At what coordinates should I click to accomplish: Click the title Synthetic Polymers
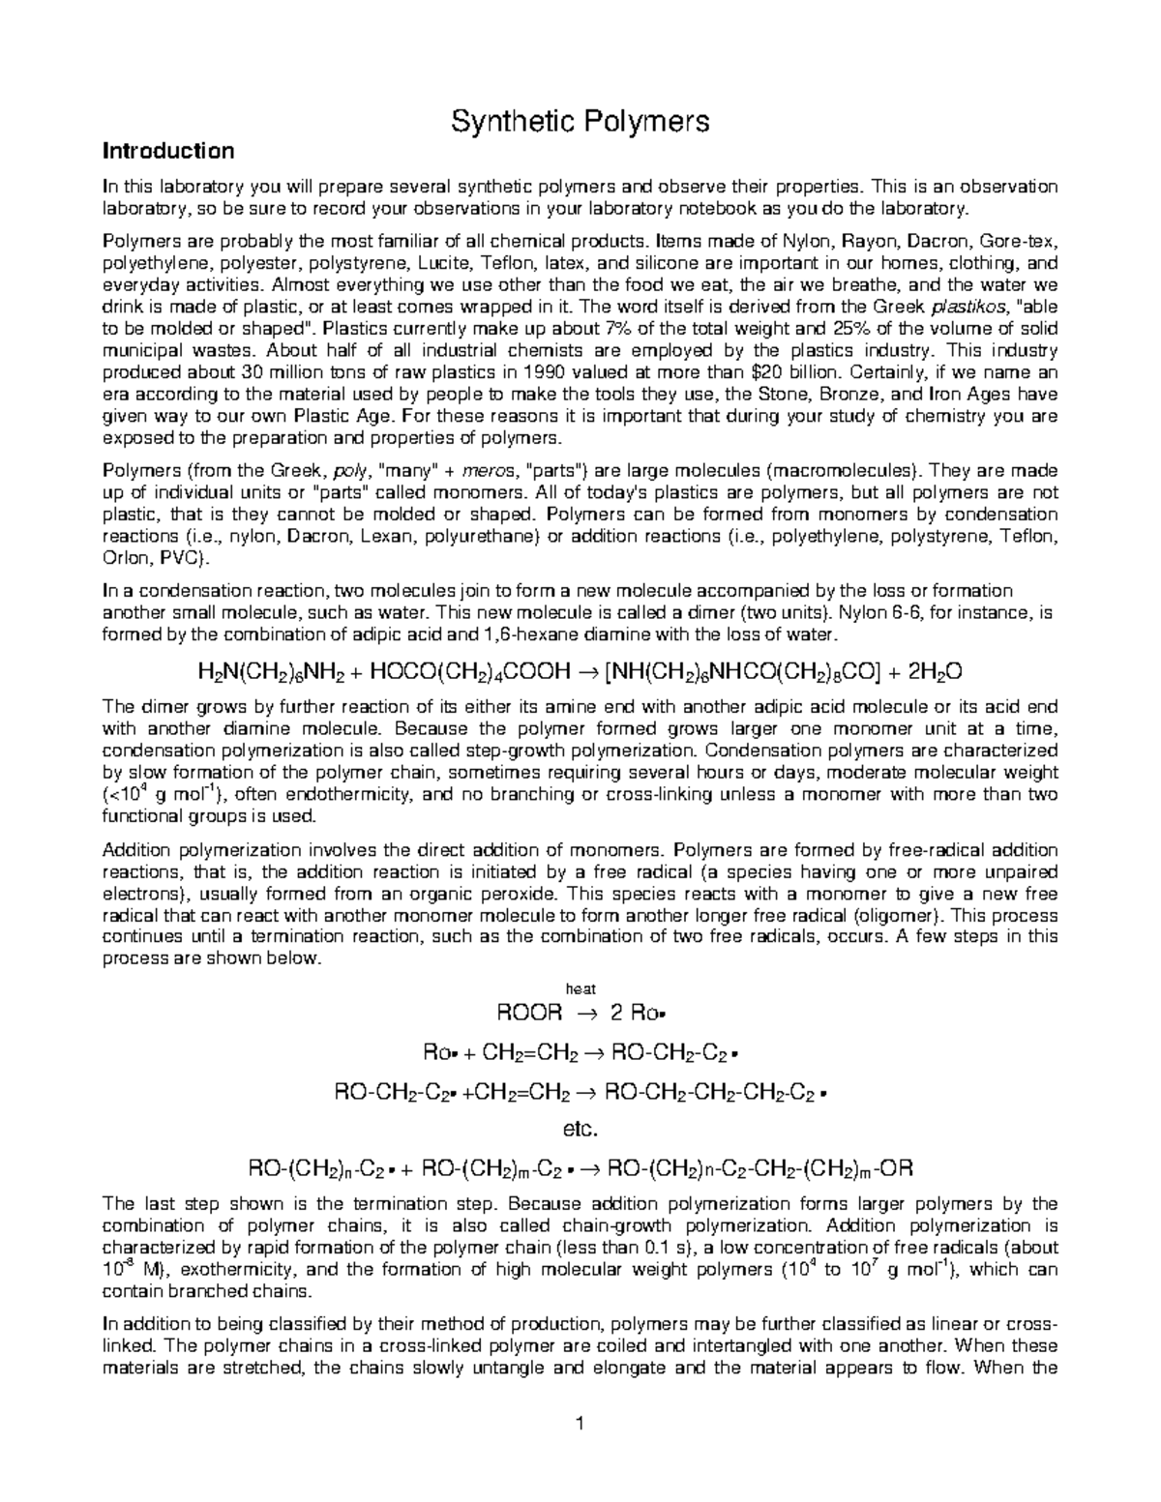(580, 121)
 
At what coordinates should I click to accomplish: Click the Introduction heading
(169, 151)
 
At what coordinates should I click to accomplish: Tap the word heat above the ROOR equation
(580, 987)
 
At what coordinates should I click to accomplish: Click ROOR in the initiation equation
(528, 1013)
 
